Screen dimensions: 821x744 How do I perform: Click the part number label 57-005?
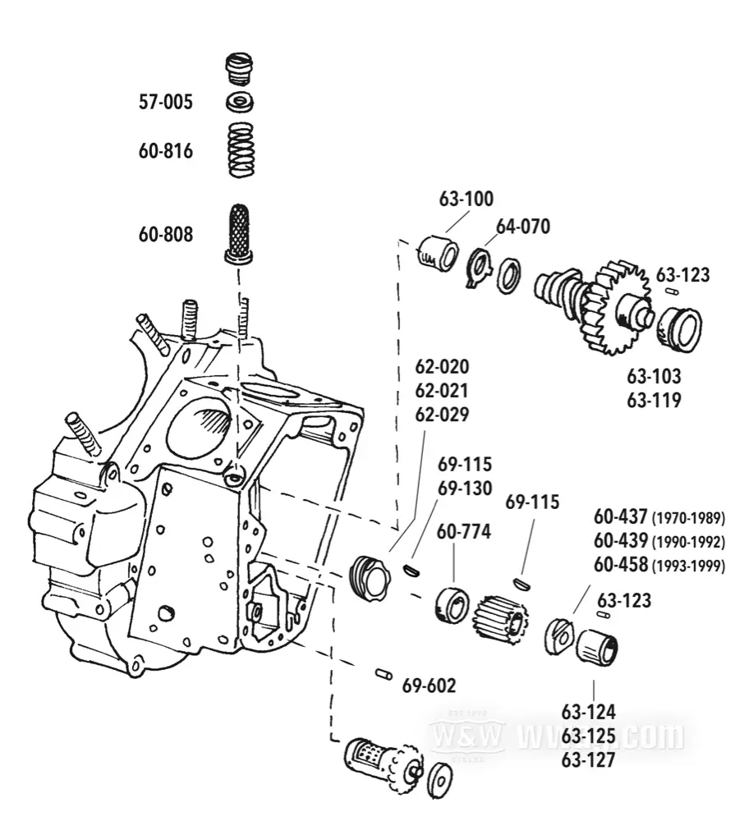pos(165,103)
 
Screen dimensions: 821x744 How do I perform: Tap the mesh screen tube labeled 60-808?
pos(239,232)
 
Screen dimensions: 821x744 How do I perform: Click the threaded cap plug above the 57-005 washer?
pos(239,68)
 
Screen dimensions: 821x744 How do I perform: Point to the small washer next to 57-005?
pos(239,103)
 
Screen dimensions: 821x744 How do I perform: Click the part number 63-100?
pos(466,200)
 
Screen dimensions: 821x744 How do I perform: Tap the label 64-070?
pos(522,227)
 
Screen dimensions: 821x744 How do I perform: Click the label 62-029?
pos(442,415)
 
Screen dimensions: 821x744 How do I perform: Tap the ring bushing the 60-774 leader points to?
pos(452,606)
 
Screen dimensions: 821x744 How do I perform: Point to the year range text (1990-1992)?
pos(687,543)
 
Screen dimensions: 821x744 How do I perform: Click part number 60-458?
pos(620,566)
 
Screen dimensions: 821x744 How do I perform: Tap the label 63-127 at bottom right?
pos(588,760)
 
